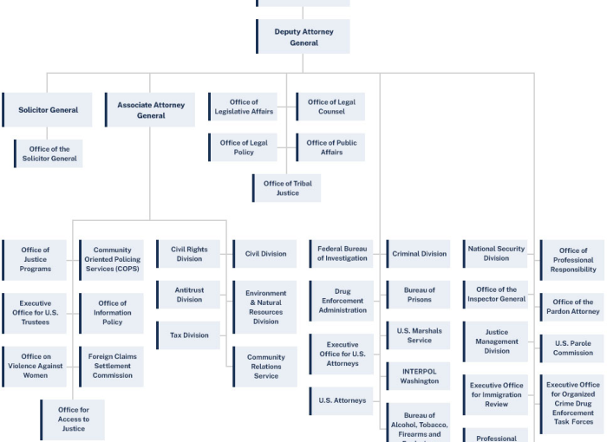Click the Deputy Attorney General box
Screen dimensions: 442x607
coord(303,37)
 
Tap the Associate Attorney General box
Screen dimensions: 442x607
coord(150,110)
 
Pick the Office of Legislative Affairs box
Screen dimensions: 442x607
coord(244,107)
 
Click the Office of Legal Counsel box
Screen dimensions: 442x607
coord(331,107)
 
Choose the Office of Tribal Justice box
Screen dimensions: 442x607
coord(287,188)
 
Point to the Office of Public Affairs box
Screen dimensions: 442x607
coord(331,147)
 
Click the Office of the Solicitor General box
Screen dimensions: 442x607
coord(49,153)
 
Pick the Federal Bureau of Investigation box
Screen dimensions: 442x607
coord(343,254)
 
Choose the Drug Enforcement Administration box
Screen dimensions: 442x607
coord(343,301)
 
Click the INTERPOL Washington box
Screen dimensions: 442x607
coord(419,376)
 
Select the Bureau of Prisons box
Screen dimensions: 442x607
coord(419,295)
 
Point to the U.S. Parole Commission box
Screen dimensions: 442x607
coord(573,348)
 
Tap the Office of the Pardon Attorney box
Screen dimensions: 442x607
coord(573,307)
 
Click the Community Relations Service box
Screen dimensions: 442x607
coord(265,367)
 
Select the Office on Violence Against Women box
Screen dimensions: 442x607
coord(36,366)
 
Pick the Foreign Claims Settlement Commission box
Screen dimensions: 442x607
coord(113,366)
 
